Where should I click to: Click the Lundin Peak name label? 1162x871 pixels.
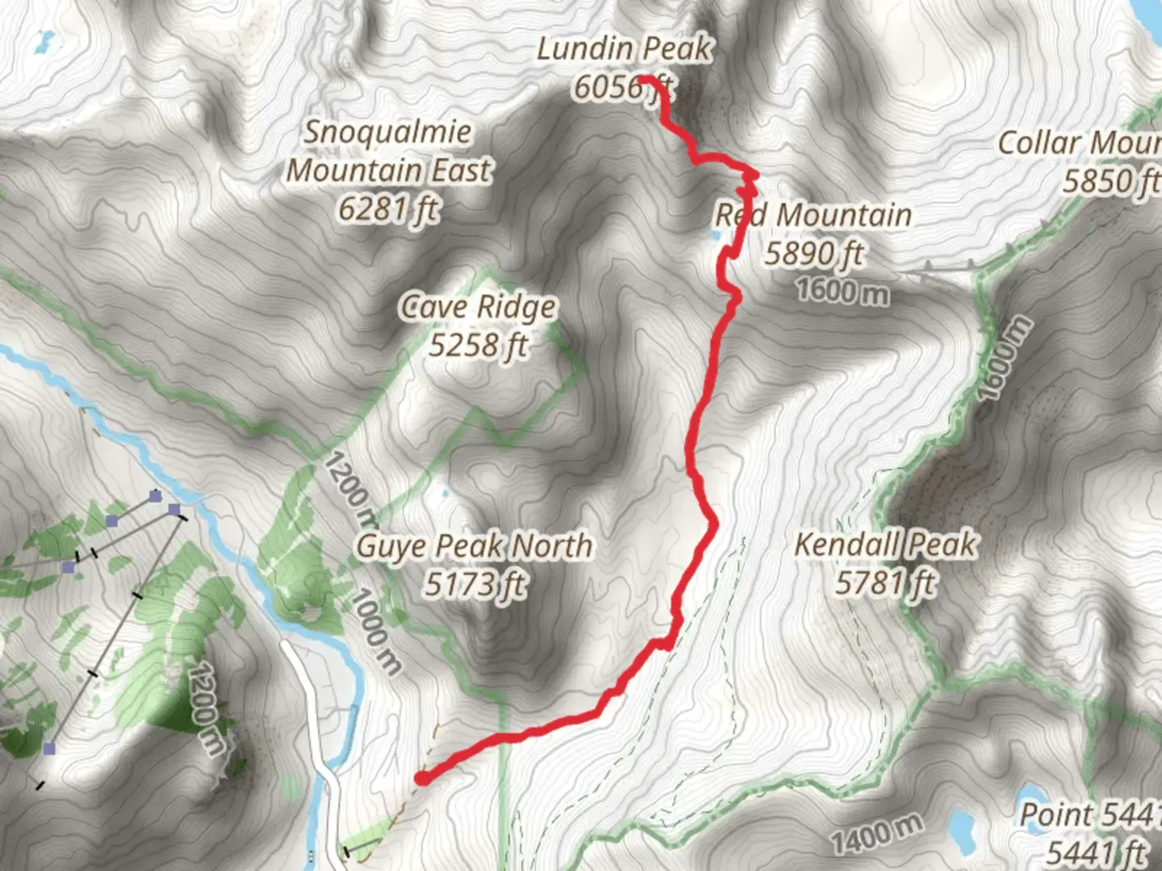(624, 49)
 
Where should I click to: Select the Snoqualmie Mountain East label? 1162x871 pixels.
(389, 151)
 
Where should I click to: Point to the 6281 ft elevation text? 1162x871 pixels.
(388, 209)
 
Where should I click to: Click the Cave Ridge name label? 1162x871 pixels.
(479, 307)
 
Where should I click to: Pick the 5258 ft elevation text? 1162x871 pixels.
(478, 345)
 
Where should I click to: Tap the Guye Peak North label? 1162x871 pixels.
(474, 546)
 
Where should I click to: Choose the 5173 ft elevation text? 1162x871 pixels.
(474, 583)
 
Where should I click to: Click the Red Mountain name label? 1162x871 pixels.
(813, 215)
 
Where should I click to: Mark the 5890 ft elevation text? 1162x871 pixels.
(813, 253)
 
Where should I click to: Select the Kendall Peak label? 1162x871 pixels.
(885, 544)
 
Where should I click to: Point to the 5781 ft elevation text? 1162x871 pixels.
(885, 582)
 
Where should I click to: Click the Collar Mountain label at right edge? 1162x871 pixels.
(1079, 144)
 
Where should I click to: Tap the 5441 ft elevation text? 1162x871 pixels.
(1096, 851)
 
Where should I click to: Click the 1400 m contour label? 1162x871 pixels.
(877, 833)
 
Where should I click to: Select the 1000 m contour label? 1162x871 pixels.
(376, 631)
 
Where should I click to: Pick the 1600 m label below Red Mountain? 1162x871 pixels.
(843, 290)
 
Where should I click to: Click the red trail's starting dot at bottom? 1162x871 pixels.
(421, 777)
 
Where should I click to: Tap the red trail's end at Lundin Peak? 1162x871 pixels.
(646, 79)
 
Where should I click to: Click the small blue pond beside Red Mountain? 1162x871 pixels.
(716, 235)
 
